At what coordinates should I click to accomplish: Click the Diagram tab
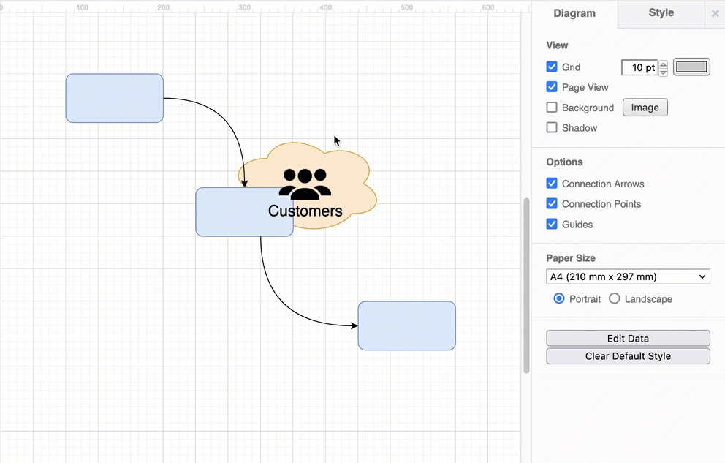pos(574,13)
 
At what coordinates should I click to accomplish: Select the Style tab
pos(661,12)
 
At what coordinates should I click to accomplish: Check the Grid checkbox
pos(552,67)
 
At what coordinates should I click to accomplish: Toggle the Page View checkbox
pos(552,87)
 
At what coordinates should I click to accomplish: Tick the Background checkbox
pos(552,108)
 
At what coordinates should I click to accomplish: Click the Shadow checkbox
pos(552,128)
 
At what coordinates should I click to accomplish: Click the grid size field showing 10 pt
pos(639,67)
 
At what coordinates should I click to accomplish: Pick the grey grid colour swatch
pos(691,67)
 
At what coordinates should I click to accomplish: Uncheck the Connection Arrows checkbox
pos(552,184)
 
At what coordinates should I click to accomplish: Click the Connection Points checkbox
pos(552,204)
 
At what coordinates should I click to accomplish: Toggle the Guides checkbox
pos(552,225)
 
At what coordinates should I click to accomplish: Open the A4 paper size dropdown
pos(628,276)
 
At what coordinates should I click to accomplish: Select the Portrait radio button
pos(559,298)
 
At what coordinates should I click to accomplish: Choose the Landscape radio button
pos(615,298)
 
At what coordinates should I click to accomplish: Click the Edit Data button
pos(628,339)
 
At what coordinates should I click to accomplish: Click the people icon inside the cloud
pos(305,184)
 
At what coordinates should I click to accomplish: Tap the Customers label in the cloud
pos(305,211)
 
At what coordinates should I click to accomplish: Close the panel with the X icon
pos(715,13)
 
